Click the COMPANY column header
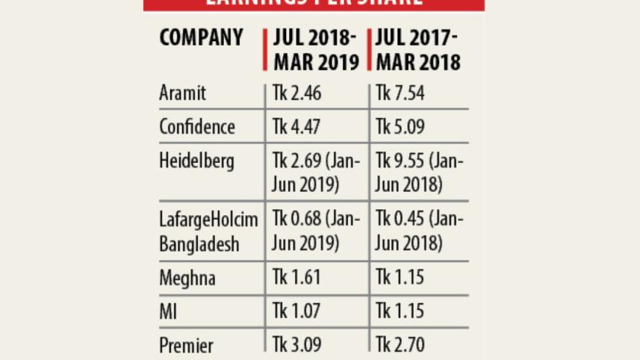coord(201,38)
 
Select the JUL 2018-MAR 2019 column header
coord(314,49)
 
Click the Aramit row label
coord(182,93)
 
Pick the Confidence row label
coord(196,127)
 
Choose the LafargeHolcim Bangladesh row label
coord(208,232)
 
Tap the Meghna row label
coord(187,278)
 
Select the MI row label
coord(167,311)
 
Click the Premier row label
coord(186,346)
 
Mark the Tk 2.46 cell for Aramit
coord(296,93)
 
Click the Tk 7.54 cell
coord(400,93)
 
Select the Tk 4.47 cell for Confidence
coord(296,127)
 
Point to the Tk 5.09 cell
coord(400,127)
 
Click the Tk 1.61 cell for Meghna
coord(296,278)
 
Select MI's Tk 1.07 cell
coord(296,311)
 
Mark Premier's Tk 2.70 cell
coord(400,346)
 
